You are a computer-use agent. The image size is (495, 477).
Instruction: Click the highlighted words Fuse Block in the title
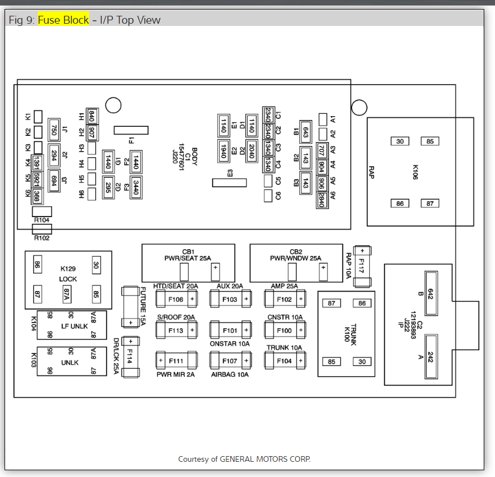63,20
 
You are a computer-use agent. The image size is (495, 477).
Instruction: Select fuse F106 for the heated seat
176,299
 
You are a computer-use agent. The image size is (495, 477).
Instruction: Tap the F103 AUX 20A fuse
230,299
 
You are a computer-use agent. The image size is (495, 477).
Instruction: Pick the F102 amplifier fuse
284,299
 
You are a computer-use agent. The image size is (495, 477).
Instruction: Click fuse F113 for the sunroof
176,330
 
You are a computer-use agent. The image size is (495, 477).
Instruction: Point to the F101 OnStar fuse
230,330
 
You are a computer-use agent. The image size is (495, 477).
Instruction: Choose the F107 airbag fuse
230,360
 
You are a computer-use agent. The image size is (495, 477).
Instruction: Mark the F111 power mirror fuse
176,360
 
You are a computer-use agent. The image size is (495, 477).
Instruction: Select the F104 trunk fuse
284,360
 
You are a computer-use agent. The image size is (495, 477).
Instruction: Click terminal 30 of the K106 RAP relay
400,141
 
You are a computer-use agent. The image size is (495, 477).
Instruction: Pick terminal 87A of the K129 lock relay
67,293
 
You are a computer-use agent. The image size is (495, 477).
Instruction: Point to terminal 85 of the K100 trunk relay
331,361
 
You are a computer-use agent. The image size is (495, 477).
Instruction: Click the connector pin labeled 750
54,130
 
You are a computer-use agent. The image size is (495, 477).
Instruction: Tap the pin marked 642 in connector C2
430,293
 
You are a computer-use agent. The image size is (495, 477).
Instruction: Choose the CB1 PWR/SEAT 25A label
188,255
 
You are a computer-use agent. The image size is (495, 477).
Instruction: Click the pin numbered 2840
321,200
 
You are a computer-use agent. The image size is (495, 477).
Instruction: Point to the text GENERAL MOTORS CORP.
265,459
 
